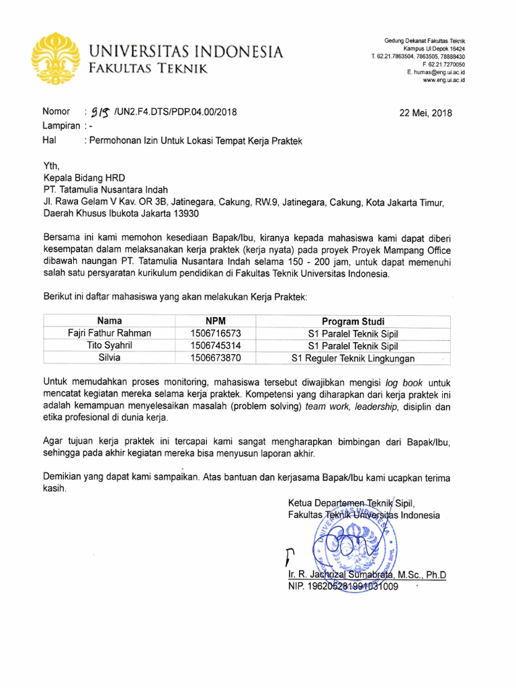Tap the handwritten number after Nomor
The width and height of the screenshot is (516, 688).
(x=101, y=112)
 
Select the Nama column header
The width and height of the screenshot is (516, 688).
(x=110, y=321)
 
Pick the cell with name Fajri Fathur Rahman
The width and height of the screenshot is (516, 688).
(x=110, y=333)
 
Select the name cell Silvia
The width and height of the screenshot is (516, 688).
(x=110, y=358)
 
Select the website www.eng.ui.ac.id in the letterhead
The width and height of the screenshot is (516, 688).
(x=443, y=80)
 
